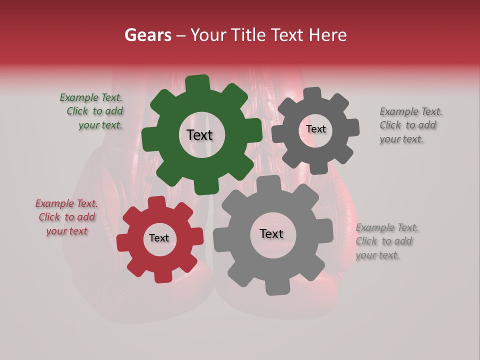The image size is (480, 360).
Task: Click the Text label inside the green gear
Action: (199, 135)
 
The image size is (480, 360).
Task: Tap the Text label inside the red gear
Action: (159, 238)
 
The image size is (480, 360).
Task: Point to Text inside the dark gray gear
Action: (315, 129)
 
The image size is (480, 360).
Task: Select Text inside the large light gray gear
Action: (271, 234)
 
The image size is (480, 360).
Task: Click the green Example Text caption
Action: (93, 111)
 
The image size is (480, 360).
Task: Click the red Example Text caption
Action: (67, 217)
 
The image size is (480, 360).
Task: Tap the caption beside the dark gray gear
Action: (410, 125)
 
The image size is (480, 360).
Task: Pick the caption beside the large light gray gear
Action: (386, 241)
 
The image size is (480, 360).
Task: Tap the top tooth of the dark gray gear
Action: (313, 93)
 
